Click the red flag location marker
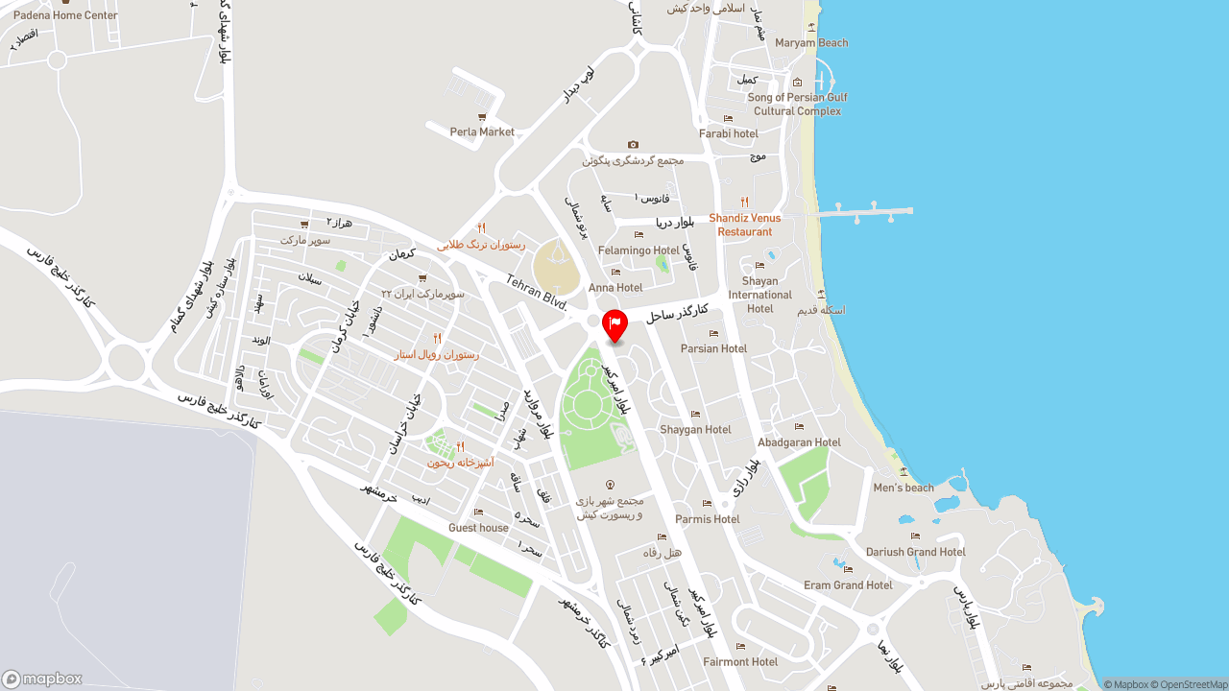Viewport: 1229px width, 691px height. (614, 324)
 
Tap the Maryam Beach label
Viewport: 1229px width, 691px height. (811, 43)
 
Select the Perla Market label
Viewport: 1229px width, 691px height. (482, 132)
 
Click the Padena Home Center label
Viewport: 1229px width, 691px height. (65, 15)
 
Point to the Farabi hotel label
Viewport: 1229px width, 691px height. (728, 133)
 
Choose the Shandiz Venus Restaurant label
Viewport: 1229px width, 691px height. (745, 225)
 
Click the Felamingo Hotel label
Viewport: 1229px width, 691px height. (639, 250)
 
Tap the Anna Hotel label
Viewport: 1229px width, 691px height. (615, 288)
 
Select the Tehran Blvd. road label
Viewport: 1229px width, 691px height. (538, 290)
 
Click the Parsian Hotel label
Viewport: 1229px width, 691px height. (713, 348)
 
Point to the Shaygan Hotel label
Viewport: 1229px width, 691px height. (695, 430)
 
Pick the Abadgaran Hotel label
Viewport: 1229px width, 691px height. (799, 442)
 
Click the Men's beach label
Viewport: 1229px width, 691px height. (904, 488)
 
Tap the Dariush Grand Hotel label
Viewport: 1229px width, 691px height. (915, 552)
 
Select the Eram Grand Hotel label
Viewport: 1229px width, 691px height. (848, 584)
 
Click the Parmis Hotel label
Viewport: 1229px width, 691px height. (707, 519)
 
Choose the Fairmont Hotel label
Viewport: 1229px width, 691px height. (739, 661)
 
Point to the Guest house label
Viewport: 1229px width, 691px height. (478, 528)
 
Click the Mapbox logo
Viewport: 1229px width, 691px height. (42, 679)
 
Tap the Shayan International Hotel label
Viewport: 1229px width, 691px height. (759, 295)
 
